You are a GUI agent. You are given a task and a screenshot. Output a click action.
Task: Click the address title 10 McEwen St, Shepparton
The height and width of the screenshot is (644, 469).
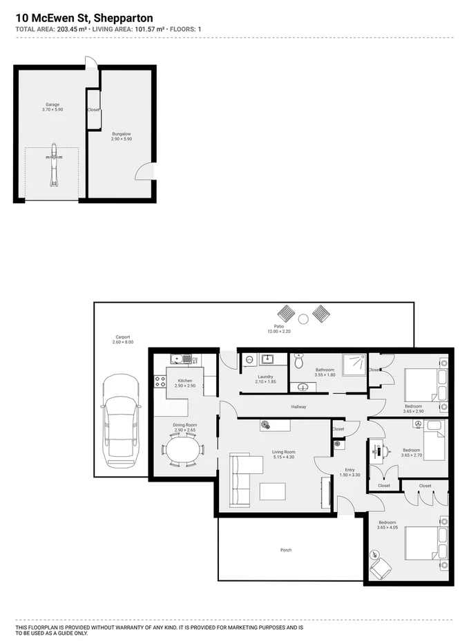(84, 17)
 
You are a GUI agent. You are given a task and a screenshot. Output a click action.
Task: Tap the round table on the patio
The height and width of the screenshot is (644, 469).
(303, 318)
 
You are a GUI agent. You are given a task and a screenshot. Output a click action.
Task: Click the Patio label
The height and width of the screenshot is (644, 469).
(279, 326)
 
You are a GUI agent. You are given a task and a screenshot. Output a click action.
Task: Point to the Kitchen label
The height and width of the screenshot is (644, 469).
(185, 381)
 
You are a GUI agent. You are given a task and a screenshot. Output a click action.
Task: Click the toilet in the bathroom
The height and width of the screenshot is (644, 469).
(298, 361)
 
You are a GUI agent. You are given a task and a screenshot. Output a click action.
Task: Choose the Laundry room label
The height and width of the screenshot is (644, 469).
(266, 376)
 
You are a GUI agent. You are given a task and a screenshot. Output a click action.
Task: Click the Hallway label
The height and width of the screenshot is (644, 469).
(298, 407)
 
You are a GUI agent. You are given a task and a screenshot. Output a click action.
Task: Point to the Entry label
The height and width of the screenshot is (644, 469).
(350, 470)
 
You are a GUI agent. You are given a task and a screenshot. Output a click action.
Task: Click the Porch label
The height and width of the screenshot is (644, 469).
(286, 550)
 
